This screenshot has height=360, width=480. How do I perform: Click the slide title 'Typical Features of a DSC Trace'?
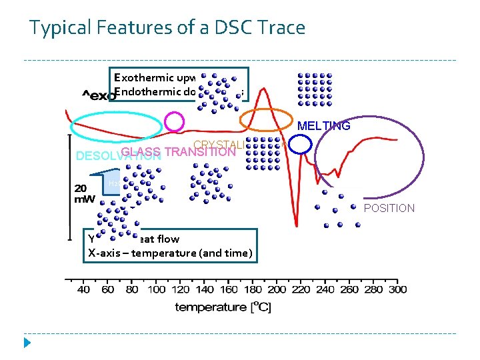167,28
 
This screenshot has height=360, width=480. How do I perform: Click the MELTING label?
323,126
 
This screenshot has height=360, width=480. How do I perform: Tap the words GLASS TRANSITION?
179,151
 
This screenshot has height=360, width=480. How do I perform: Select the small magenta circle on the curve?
174,121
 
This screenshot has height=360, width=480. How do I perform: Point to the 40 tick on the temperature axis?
84,289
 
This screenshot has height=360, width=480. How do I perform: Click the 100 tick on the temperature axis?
156,289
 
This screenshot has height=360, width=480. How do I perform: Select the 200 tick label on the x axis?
277,289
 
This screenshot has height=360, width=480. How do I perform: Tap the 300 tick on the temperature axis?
397,289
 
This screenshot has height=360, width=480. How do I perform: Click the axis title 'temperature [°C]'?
223,307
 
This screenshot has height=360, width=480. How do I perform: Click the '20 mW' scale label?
85,193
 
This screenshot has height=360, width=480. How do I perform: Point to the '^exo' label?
99,95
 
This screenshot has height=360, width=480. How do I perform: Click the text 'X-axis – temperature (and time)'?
170,253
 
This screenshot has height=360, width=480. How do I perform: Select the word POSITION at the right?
389,208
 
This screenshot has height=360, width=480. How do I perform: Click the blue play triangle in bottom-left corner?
27,343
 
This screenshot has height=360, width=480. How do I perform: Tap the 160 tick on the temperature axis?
229,289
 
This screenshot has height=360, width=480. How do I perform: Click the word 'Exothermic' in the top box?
144,77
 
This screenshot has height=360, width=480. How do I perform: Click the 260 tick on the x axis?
349,289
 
